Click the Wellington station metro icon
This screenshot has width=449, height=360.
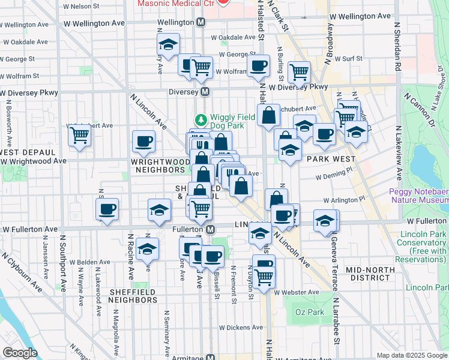coord(201,22)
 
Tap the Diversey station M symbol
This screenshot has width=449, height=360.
coord(205,92)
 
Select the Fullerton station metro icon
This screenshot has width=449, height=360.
coord(211,229)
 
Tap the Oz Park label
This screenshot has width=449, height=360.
coord(309,312)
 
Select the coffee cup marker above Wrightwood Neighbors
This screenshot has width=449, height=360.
coord(143,142)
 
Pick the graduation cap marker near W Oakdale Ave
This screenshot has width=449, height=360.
coord(169,44)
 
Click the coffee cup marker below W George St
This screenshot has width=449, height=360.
coord(258,66)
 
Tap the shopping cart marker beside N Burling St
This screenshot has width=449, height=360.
coord(299,73)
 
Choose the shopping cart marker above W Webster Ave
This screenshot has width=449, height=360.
coord(264,277)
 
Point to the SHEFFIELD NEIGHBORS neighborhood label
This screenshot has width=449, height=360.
coord(124,296)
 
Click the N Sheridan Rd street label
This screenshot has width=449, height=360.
coord(397,48)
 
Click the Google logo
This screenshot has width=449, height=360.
coord(19,353)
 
